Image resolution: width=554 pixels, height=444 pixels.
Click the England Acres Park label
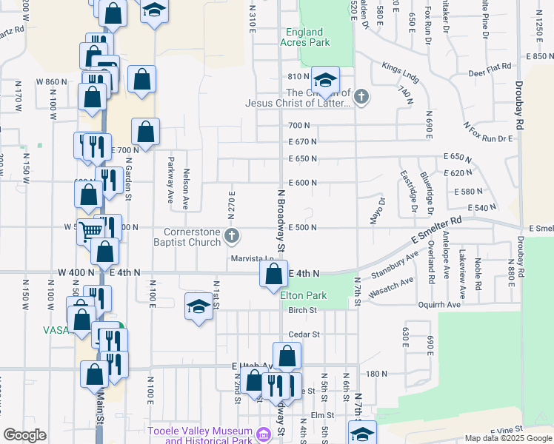click(x=302, y=38)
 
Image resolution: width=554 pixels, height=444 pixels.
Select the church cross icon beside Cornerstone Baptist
click(x=232, y=237)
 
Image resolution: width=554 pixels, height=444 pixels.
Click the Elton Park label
click(x=304, y=295)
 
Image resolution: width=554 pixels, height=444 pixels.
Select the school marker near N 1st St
click(x=198, y=307)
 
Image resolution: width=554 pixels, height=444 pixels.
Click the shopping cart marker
click(x=90, y=230)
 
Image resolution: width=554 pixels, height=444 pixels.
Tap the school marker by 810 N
click(x=324, y=79)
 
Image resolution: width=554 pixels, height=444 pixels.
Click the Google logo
click(x=24, y=435)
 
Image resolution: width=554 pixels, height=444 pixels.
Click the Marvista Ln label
click(x=250, y=258)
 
